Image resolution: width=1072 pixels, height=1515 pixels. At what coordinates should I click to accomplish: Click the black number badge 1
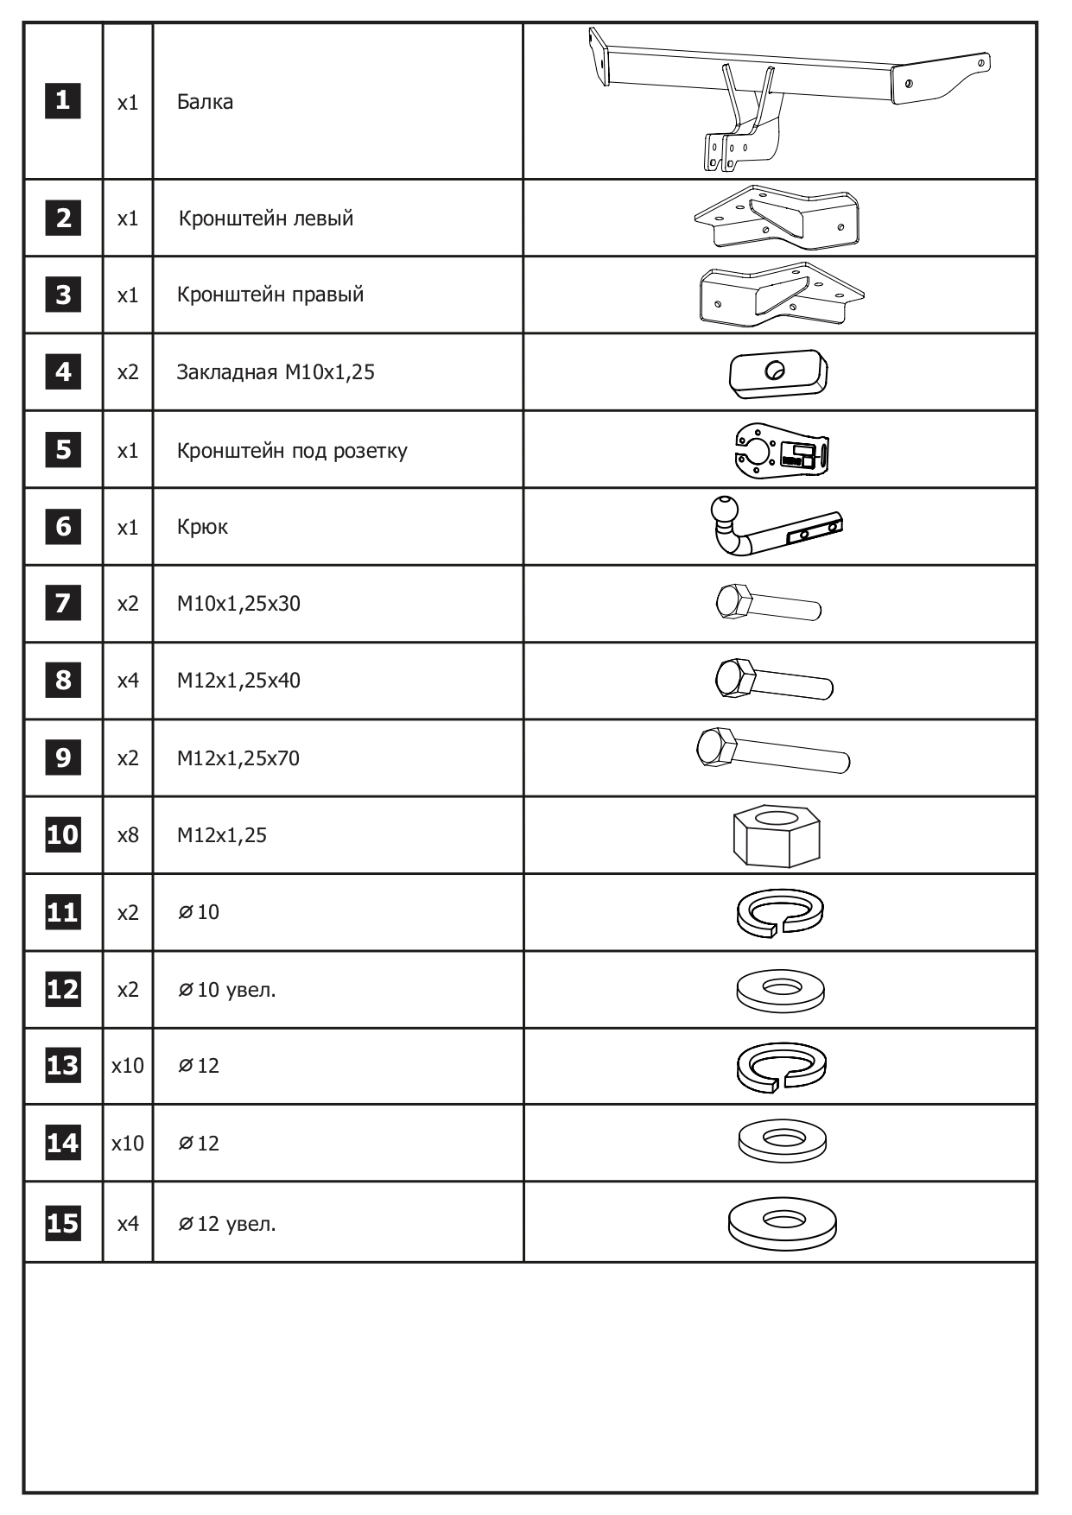pos(62,101)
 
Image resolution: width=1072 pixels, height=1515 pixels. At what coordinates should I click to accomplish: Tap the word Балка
pos(205,102)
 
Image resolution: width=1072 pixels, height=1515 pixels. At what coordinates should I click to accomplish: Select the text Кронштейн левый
pos(266,219)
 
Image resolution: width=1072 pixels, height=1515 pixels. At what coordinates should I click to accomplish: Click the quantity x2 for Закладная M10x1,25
pos(128,372)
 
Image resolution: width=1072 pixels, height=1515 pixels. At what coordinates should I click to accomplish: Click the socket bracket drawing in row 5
pos(781,450)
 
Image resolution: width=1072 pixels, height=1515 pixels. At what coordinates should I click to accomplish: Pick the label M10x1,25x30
pos(238,604)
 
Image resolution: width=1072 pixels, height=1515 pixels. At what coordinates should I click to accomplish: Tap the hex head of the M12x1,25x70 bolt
pos(716,747)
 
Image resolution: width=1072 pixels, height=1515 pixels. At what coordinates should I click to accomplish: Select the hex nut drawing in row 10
pos(777,835)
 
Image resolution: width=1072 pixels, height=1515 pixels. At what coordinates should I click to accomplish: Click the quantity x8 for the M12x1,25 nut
pos(128,835)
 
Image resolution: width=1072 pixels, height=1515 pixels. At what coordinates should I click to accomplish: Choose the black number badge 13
pos(62,1066)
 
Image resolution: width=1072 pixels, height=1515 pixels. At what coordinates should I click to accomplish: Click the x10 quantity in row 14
pos(128,1144)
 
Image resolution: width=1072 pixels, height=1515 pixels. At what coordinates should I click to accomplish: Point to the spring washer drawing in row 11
pos(780,912)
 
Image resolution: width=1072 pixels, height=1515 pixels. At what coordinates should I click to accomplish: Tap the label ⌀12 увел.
pos(227,1224)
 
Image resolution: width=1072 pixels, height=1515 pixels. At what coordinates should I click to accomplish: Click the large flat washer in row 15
pos(782,1222)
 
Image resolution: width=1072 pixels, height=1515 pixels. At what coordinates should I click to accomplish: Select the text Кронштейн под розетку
pos(292,451)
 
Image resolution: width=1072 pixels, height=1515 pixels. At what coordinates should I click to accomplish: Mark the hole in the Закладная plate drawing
pos(776,370)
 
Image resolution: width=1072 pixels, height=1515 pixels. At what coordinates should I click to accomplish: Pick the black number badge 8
pos(62,681)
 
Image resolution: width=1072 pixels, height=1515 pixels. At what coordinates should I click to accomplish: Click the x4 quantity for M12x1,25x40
pos(128,681)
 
